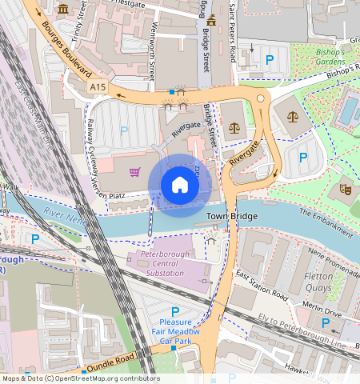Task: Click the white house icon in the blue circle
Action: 180,186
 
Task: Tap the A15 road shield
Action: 98,86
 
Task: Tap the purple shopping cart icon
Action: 135,171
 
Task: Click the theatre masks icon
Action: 346,190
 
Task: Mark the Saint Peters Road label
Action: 233,24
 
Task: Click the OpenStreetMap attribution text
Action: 80,378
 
